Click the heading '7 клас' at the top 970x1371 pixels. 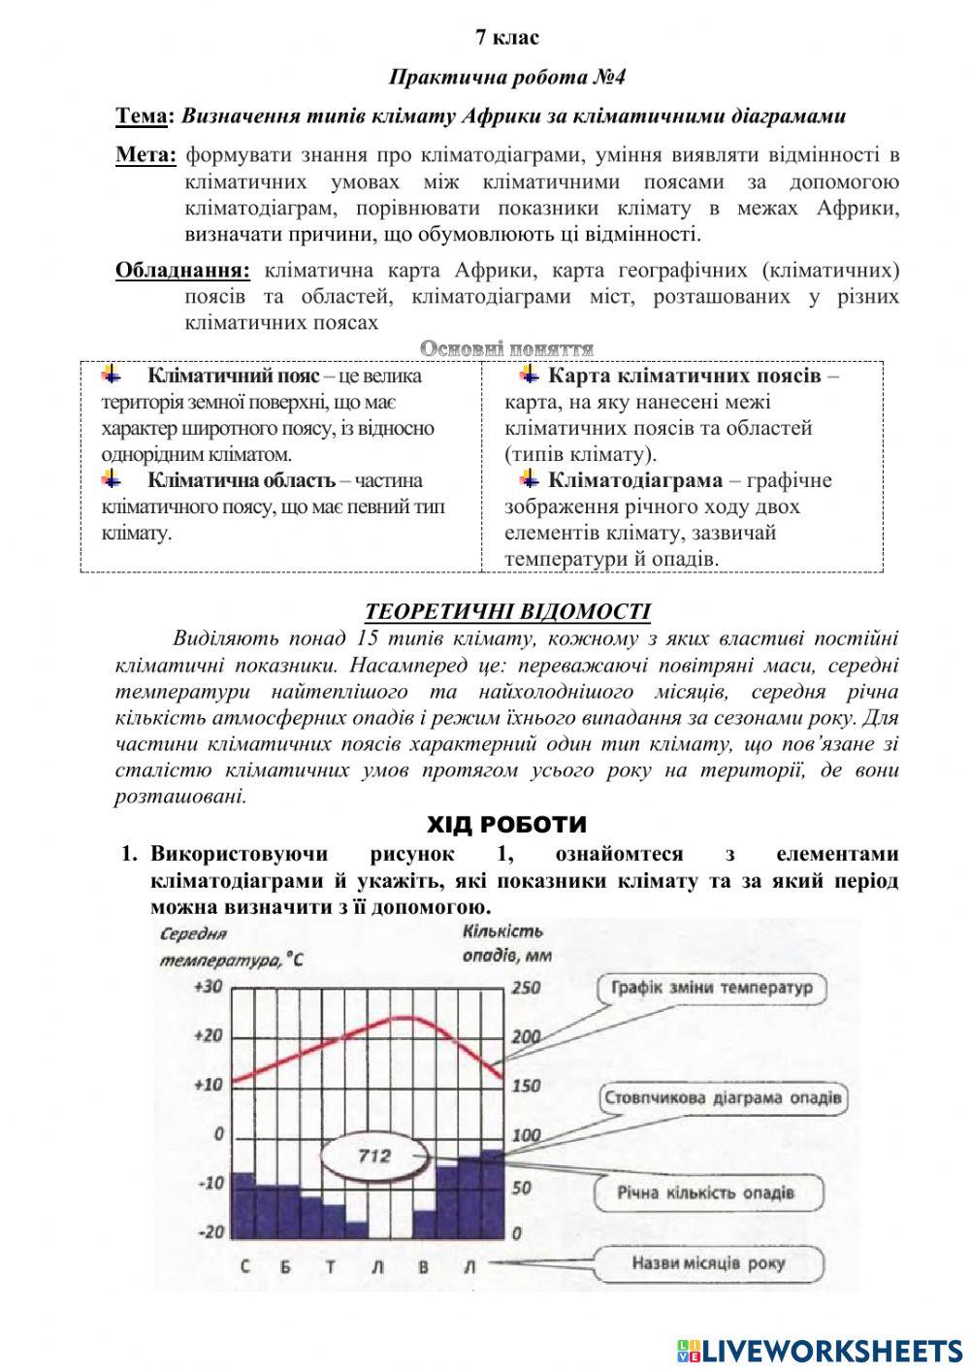point(507,38)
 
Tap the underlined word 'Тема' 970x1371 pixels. point(142,116)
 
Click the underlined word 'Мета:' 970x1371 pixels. point(145,155)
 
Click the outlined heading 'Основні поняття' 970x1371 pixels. point(506,348)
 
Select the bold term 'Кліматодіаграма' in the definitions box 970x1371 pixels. point(634,480)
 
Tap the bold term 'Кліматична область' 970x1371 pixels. point(241,480)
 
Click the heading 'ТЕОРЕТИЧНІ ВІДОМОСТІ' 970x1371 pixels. point(507,611)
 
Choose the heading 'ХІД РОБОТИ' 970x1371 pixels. point(506,825)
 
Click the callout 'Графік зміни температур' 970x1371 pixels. point(710,989)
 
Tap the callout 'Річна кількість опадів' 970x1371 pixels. point(705,1191)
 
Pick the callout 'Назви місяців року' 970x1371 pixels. point(708,1263)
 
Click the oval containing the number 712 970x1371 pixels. point(374,1156)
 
